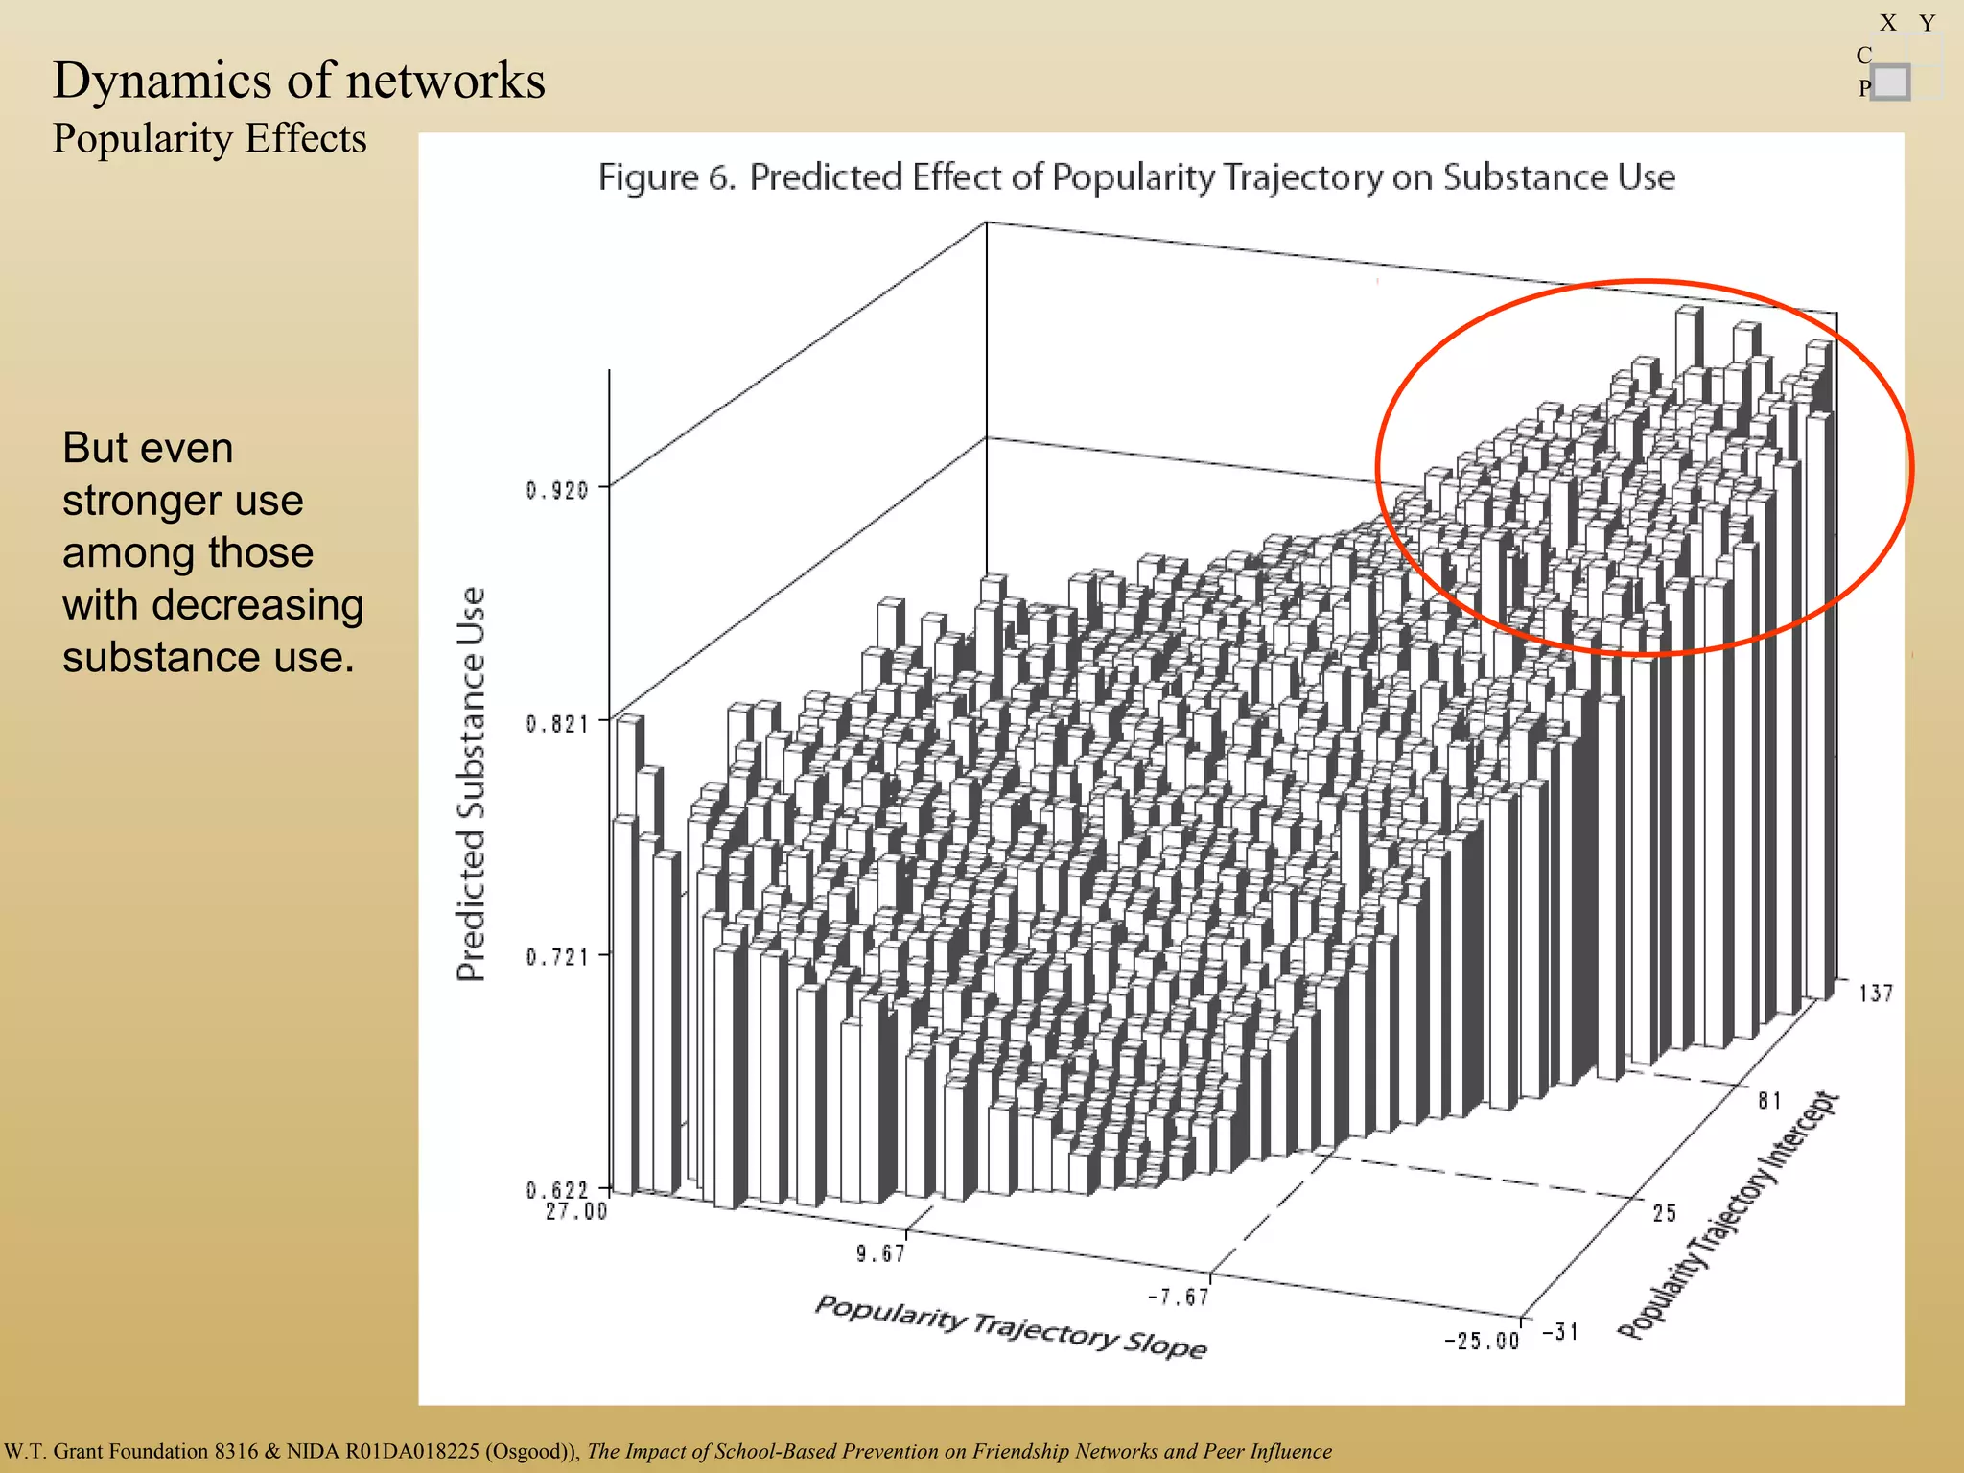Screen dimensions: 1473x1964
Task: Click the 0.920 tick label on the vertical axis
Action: tap(556, 491)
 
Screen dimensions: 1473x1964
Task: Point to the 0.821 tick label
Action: tap(556, 724)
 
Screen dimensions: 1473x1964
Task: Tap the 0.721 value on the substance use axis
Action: tap(556, 957)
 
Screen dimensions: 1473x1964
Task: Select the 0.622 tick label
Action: tap(556, 1190)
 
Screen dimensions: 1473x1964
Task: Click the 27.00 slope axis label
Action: tap(576, 1212)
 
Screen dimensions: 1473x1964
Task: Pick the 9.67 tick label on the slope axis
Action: tap(880, 1253)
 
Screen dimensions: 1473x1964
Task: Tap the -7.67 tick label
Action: tap(1179, 1298)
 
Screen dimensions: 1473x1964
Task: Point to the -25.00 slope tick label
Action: tap(1482, 1341)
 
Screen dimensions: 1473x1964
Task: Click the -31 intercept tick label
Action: tap(1560, 1332)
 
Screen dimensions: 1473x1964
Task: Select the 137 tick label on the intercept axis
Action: tap(1876, 994)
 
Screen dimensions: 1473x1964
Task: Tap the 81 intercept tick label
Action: tap(1769, 1101)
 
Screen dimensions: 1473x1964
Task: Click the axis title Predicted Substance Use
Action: tap(471, 783)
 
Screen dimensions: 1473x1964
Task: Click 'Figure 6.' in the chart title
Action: tap(666, 177)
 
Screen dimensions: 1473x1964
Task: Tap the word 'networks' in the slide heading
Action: tap(445, 81)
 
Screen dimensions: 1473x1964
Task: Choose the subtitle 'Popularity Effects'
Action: tap(209, 139)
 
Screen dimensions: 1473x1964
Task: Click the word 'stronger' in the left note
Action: tap(183, 501)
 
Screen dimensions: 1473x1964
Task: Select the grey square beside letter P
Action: tap(1890, 82)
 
